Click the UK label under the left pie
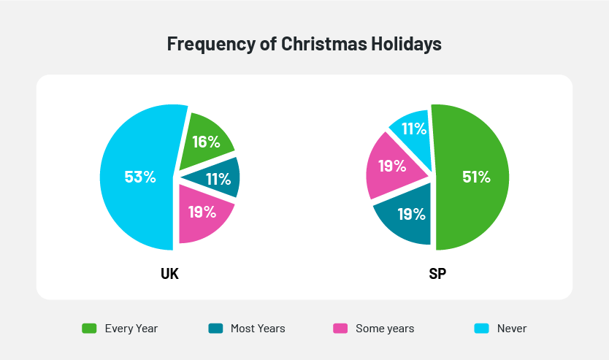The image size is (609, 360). (x=169, y=275)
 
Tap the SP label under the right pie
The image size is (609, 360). (x=438, y=275)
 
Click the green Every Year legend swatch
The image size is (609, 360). (x=89, y=329)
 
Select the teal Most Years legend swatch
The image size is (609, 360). (x=215, y=329)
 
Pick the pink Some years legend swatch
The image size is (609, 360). (x=340, y=329)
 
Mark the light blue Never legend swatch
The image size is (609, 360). (x=482, y=329)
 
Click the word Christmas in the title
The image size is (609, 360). (x=315, y=44)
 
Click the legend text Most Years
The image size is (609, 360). (x=258, y=329)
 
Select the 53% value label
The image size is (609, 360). (x=139, y=177)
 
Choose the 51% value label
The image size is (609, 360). (x=476, y=177)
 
